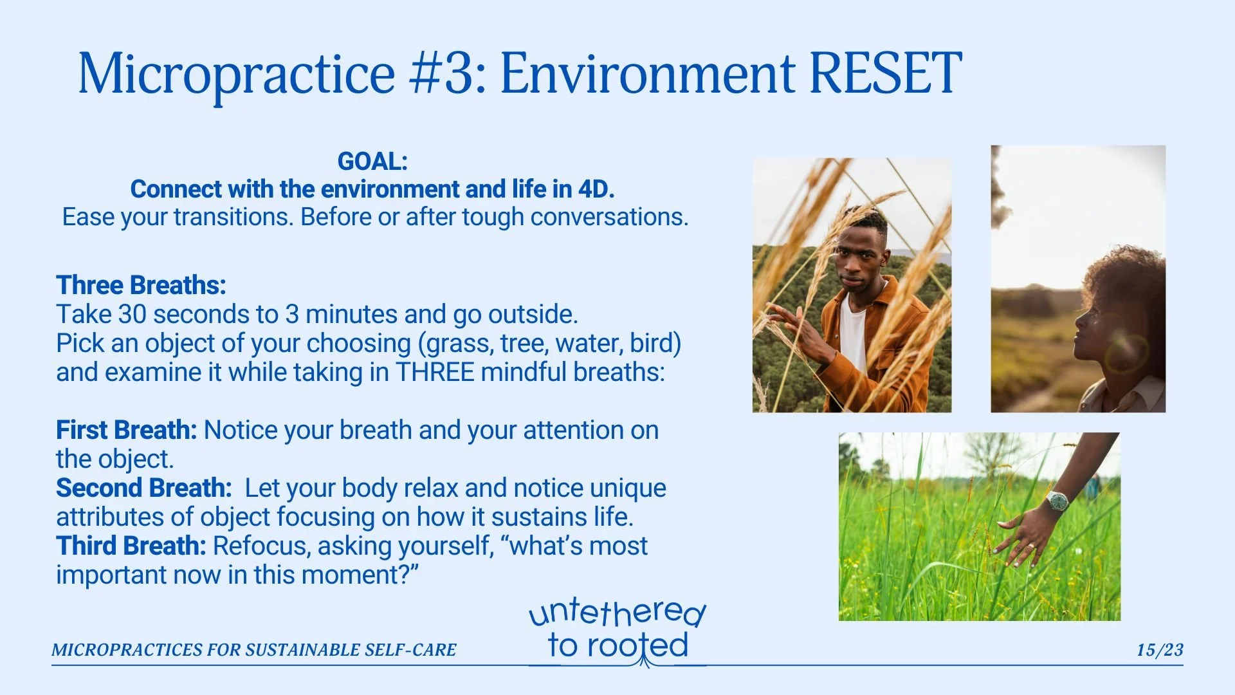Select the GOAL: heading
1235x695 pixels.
[372, 161]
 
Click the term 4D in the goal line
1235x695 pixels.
[592, 189]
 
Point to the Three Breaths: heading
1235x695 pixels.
[141, 285]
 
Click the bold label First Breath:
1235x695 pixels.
[126, 430]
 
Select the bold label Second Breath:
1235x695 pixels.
[143, 488]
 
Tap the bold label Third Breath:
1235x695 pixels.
[131, 546]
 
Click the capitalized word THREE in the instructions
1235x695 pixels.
[435, 373]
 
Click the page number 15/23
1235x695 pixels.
[1160, 650]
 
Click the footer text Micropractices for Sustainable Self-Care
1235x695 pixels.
[254, 650]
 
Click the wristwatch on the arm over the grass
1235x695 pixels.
[1057, 501]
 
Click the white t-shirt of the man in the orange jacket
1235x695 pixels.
[853, 338]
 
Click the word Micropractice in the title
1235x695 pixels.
[237, 74]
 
